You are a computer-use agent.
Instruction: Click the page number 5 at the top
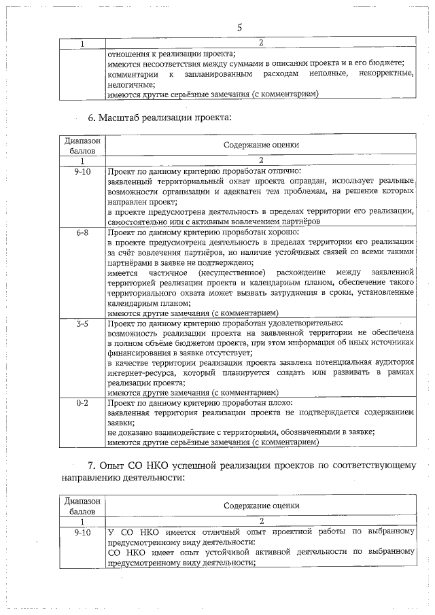point(239,27)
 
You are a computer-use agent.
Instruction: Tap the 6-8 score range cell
point(82,232)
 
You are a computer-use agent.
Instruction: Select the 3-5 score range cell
point(82,324)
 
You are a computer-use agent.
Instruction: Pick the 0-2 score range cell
point(82,403)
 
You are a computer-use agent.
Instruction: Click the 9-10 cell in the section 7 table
point(82,532)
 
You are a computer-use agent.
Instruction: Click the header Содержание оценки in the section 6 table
point(261,145)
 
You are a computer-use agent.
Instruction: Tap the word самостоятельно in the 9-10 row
point(141,222)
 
